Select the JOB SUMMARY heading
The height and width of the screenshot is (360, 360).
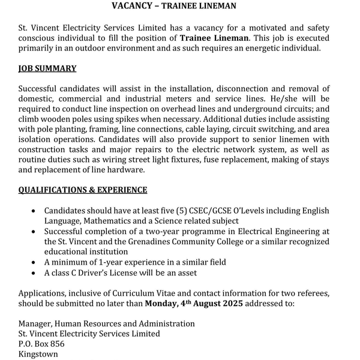47,68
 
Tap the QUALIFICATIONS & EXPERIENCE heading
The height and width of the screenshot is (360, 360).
83,190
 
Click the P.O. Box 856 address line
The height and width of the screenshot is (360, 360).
41,344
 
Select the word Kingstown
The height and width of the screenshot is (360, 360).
38,354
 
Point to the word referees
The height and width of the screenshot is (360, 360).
310,293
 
